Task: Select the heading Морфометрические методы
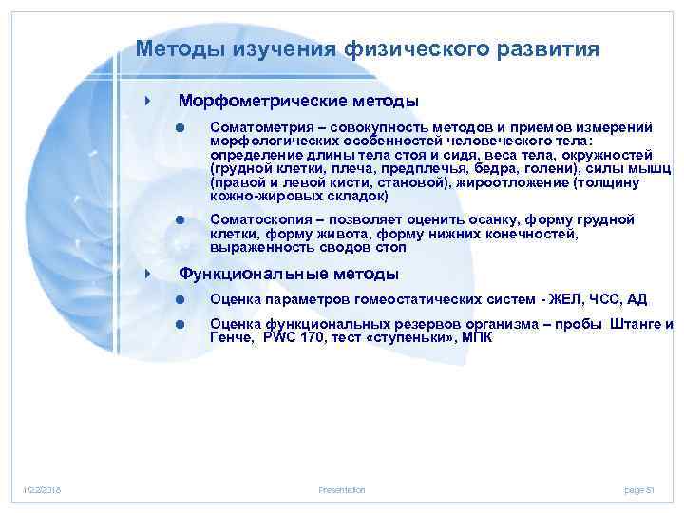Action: [298, 101]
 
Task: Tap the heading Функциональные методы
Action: [289, 275]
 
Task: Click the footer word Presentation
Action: [341, 489]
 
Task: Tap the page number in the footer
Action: [639, 489]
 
